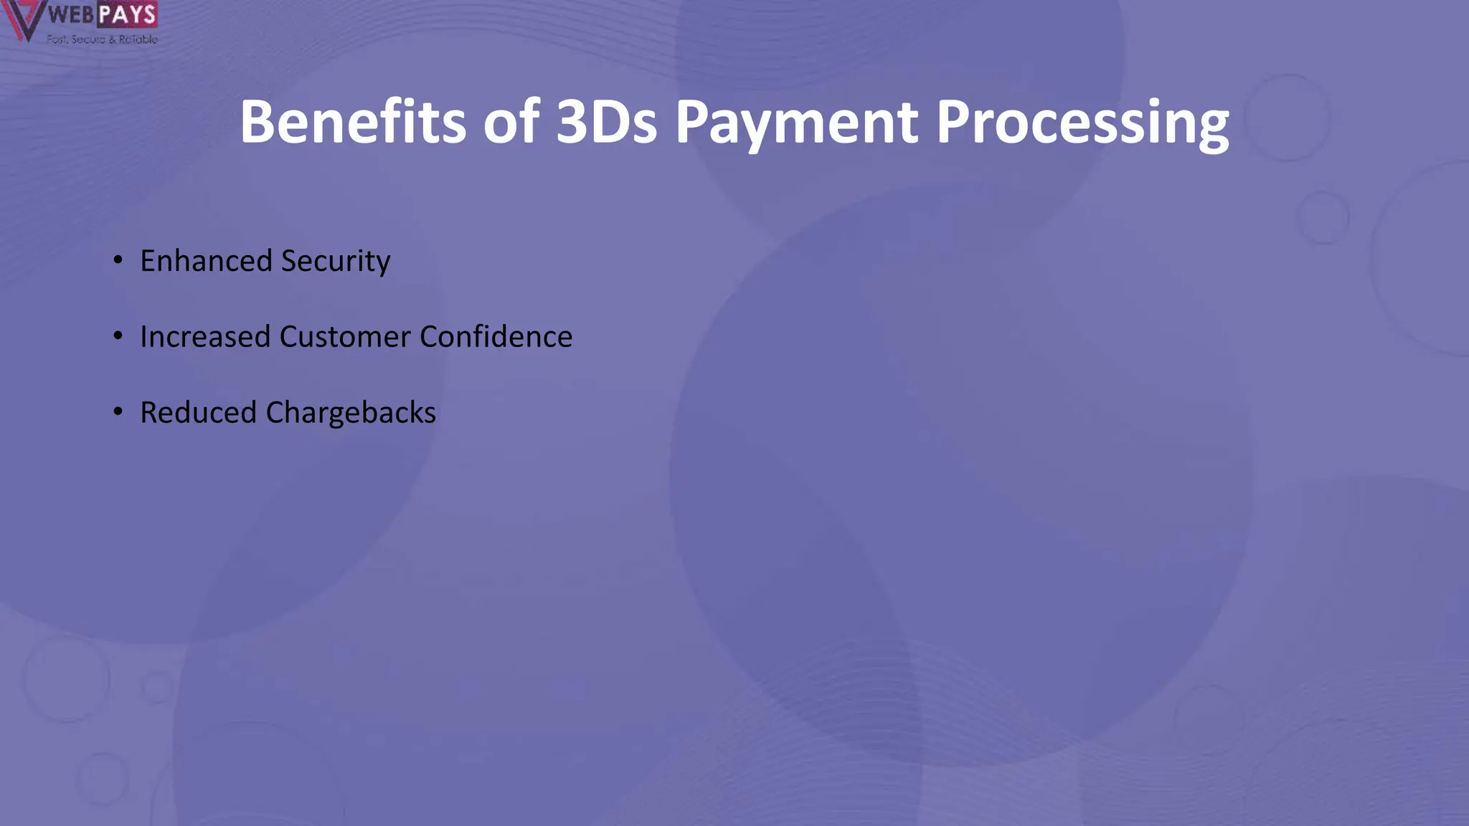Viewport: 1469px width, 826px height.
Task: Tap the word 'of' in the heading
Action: point(511,122)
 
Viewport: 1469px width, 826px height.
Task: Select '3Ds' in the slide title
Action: point(606,122)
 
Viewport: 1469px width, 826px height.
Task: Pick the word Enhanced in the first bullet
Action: point(206,260)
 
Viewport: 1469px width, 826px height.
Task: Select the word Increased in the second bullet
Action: point(204,336)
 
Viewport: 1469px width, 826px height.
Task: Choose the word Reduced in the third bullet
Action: point(198,412)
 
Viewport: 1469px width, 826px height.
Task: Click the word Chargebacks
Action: point(351,413)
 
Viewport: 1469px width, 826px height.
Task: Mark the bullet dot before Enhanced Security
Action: point(118,260)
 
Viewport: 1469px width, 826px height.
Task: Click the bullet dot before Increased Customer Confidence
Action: point(118,336)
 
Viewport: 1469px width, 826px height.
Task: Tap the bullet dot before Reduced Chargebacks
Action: point(118,412)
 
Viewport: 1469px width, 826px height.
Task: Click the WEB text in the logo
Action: point(71,14)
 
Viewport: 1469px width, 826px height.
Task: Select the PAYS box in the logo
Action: point(127,14)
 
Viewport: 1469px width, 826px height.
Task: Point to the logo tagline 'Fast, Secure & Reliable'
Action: point(102,39)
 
